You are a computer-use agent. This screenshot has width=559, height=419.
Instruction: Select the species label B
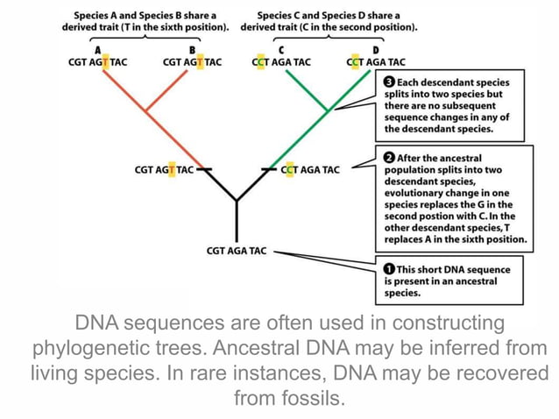click(x=192, y=50)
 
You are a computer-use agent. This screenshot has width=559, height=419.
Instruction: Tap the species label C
click(x=280, y=50)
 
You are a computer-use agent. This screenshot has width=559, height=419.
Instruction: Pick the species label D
click(x=375, y=50)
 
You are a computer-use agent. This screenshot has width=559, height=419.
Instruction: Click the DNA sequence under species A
click(x=96, y=62)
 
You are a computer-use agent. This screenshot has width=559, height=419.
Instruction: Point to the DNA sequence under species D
click(x=376, y=62)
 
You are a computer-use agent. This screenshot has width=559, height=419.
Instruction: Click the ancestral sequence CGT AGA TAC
click(x=236, y=251)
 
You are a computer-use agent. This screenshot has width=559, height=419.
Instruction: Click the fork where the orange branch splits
click(x=146, y=111)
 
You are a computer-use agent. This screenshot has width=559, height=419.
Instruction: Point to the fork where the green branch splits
click(x=328, y=111)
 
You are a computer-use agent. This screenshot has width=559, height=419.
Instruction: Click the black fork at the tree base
click(x=236, y=201)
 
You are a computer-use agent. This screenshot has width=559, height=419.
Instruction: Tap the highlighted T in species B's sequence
click(x=200, y=62)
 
